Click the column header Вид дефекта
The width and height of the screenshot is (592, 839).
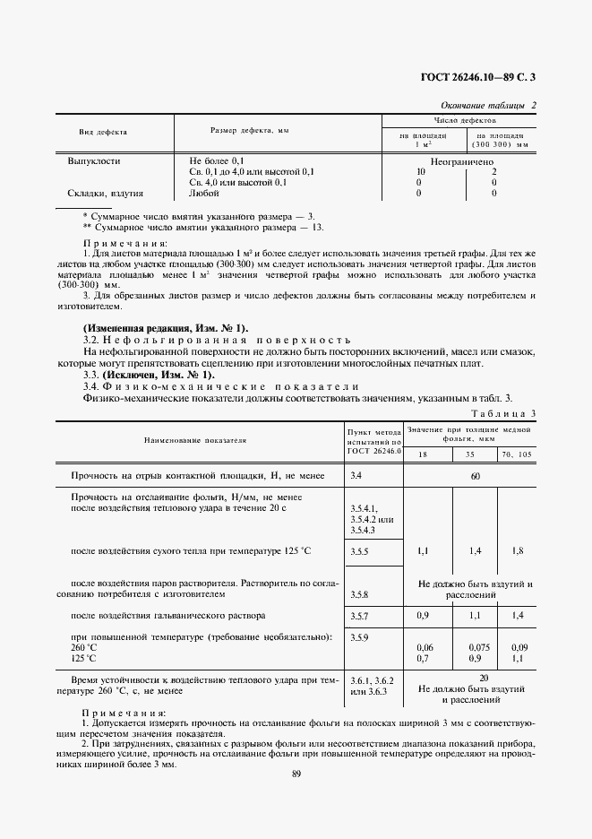(x=103, y=131)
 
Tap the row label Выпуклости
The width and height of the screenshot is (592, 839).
(x=94, y=161)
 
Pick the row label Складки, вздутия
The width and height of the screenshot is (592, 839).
(x=106, y=193)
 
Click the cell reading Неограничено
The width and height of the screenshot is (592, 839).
(x=461, y=161)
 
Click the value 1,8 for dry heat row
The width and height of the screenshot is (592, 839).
(x=518, y=549)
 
